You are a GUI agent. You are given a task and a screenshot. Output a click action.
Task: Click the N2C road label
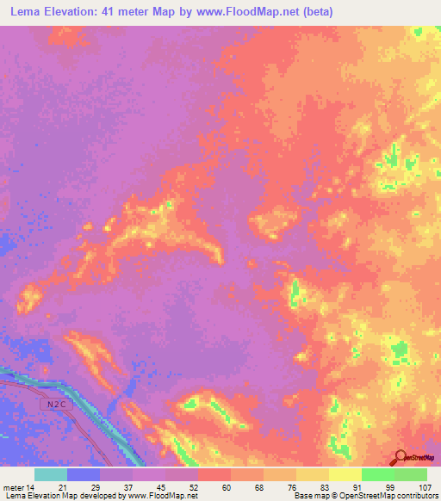[54, 402]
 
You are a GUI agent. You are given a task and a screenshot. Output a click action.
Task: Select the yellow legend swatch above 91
[345, 474]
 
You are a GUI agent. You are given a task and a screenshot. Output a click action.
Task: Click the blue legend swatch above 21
[83, 474]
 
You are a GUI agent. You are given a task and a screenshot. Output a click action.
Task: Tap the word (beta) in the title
[314, 12]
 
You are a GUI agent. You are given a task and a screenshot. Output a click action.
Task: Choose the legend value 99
[394, 487]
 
